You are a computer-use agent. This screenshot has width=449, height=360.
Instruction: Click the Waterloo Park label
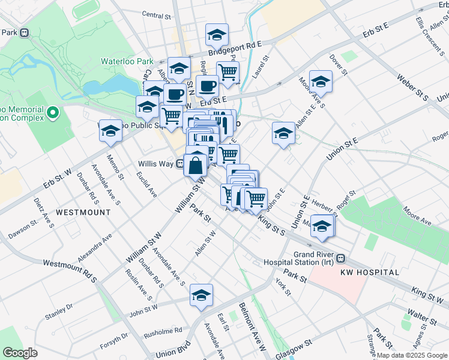coord(128,61)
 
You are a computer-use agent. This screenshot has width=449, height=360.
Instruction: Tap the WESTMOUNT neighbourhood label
coord(83,212)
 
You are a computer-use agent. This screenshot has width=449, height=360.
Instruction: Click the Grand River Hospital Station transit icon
coord(341,259)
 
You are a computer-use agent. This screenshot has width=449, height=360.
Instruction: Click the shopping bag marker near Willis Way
coord(196,165)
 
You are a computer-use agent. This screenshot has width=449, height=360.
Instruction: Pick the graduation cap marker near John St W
coord(202,295)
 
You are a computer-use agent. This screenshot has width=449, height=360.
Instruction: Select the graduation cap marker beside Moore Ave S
coord(321,83)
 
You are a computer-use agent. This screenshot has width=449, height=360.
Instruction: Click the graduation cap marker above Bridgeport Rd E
coord(217,35)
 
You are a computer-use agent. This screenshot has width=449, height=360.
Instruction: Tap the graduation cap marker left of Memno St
coord(110,133)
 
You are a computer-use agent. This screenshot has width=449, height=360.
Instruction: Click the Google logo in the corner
coord(20,352)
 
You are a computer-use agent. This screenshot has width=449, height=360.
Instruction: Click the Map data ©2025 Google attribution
coord(411,355)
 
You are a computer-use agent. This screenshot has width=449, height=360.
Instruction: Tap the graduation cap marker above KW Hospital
coord(322,226)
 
